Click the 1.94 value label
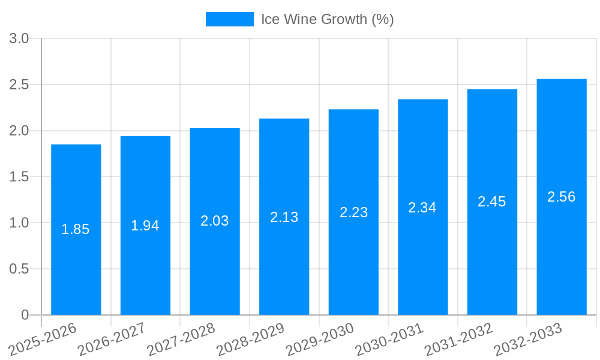click(145, 226)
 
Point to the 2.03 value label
click(215, 221)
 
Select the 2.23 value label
click(354, 212)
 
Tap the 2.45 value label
click(492, 202)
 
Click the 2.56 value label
click(562, 197)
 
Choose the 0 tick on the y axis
click(25, 315)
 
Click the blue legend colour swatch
click(230, 19)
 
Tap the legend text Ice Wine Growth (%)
click(328, 19)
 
